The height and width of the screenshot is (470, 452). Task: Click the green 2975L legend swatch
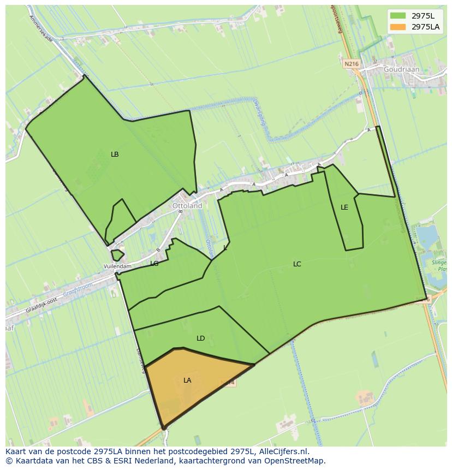398,15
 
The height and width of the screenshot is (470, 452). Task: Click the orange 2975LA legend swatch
398,27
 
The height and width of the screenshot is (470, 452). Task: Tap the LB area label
115,154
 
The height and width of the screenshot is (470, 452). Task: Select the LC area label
297,264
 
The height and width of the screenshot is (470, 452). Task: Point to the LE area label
344,207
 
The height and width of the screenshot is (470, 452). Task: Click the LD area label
200,338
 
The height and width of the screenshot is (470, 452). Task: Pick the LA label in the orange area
187,380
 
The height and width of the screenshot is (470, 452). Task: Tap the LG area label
154,264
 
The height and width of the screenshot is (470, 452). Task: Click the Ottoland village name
187,206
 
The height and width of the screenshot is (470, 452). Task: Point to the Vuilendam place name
117,266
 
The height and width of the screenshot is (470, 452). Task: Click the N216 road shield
352,64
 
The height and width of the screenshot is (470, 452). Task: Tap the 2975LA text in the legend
426,27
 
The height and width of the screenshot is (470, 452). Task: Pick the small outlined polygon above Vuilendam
117,255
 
